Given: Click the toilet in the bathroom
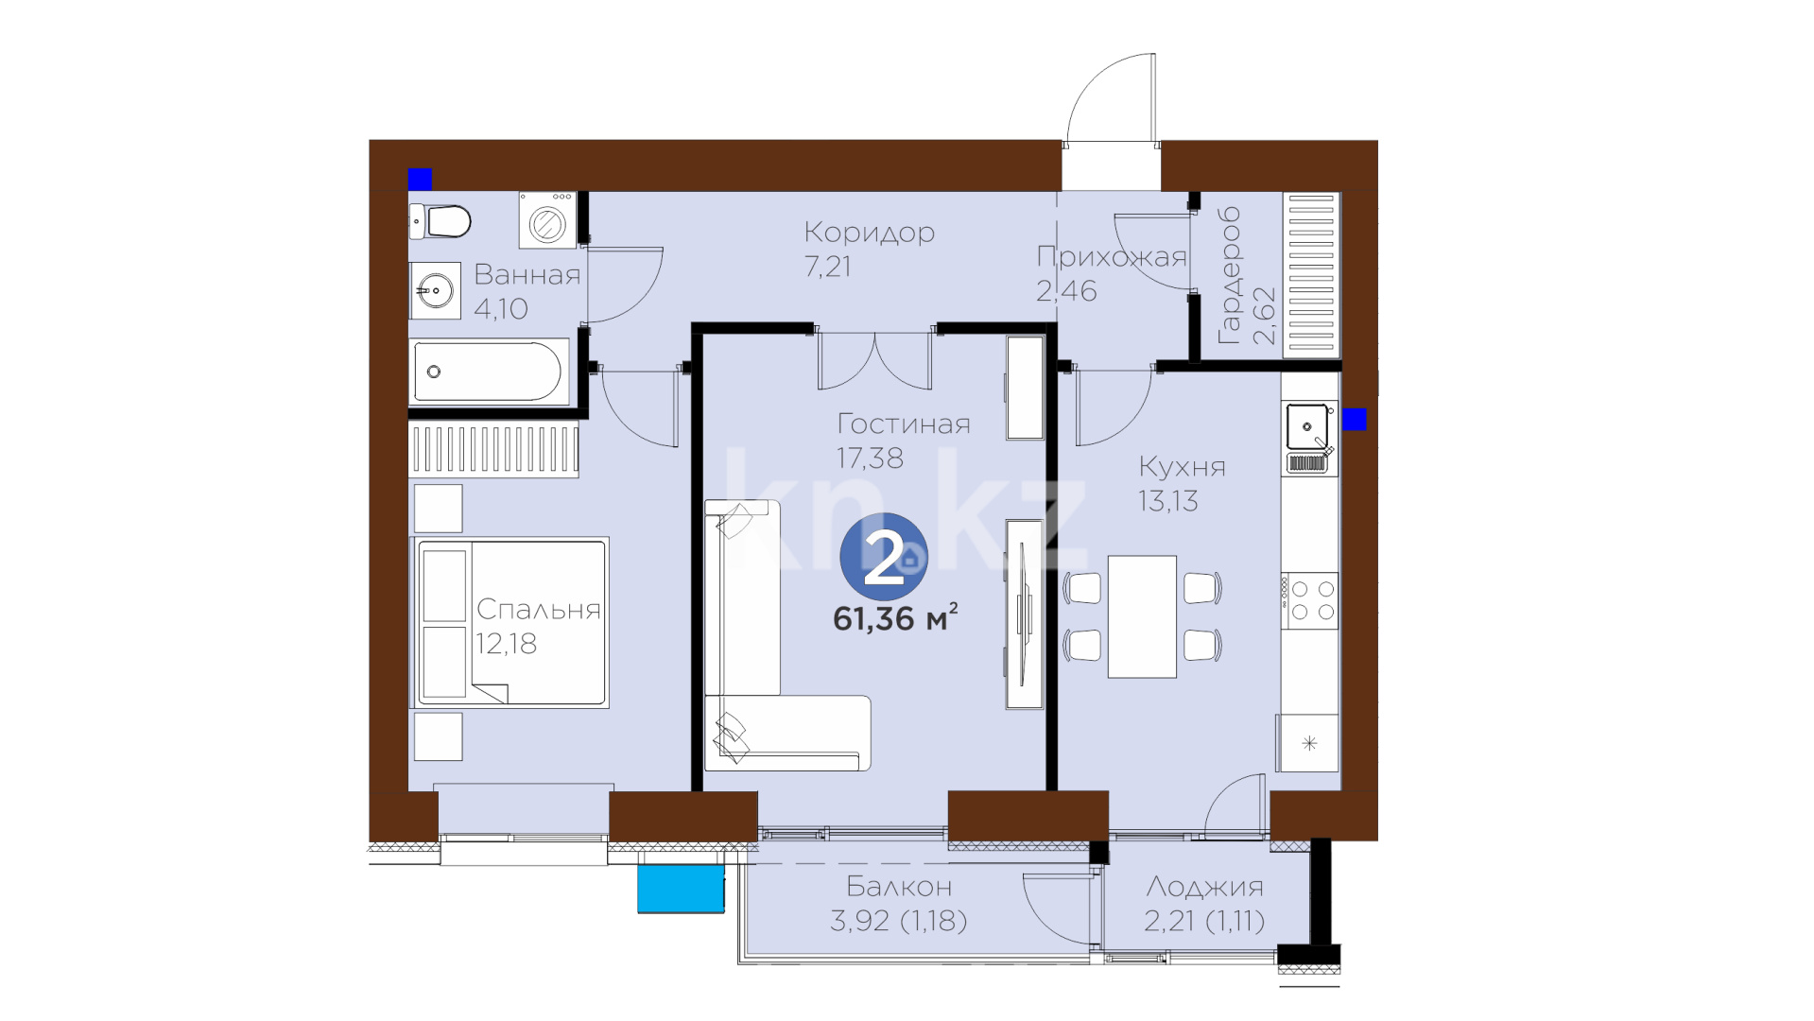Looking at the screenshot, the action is tap(440, 222).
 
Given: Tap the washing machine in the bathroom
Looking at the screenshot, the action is tap(547, 221).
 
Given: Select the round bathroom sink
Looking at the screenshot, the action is tap(435, 290).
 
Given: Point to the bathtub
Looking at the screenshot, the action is tap(489, 372).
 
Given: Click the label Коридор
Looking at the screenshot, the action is tap(870, 233).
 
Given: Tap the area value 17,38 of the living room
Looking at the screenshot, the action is tap(870, 459).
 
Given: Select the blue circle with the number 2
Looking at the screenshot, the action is tap(884, 557).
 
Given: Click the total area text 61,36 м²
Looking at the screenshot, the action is tap(895, 617).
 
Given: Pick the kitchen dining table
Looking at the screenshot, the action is tap(1142, 616).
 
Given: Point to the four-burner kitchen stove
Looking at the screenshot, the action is tap(1309, 601).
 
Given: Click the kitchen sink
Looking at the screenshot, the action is tap(1309, 427).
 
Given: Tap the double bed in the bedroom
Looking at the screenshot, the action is tap(510, 623).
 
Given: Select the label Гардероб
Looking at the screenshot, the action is tap(1229, 275).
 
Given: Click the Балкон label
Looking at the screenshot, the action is tap(899, 887).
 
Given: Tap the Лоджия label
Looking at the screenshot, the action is tap(1204, 887).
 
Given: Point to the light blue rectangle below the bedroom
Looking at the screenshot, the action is tap(681, 889).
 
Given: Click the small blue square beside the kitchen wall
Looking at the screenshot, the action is tap(1354, 419).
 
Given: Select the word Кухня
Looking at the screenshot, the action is tap(1182, 467).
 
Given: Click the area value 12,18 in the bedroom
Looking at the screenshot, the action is tap(506, 644).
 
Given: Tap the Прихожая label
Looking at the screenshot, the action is tap(1112, 257).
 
